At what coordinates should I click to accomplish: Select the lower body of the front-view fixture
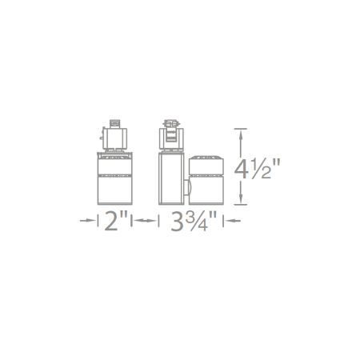(x=112, y=190)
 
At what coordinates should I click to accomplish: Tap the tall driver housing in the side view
(x=169, y=178)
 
